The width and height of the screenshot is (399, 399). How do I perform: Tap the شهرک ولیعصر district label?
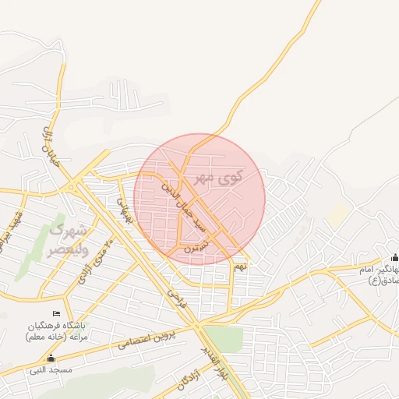pos(68,240)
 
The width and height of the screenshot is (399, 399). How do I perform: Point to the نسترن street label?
pos(196,242)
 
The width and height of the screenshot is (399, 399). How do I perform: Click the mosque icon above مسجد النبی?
pos(51,358)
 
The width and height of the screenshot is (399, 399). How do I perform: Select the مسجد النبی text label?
pos(51,369)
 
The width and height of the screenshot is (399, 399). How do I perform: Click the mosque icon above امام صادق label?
pos(394,258)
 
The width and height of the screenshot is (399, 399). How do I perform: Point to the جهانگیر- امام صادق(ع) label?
pos(374,274)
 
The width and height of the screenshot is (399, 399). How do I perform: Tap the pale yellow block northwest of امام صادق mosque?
pos(337,216)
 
